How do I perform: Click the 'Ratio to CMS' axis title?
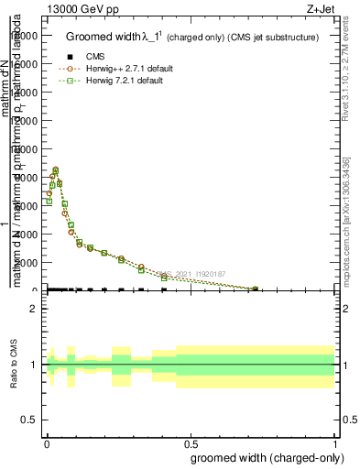15,365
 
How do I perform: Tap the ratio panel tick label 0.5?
27,420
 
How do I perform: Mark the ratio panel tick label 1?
32,365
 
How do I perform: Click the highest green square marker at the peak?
56,170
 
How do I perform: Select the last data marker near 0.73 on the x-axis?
255,289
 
